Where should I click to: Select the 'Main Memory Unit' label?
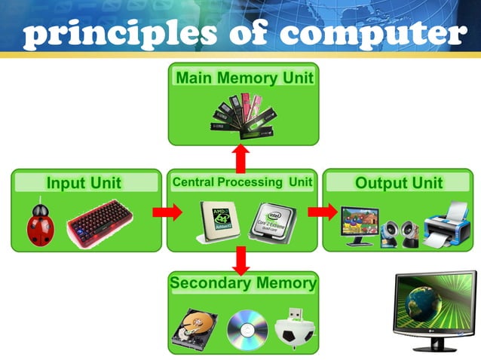click(244, 78)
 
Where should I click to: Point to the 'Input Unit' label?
click(84, 183)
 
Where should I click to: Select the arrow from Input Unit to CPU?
click(167, 212)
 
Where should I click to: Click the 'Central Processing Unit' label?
click(242, 182)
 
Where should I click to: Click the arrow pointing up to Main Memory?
click(241, 157)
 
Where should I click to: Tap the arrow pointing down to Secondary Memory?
click(241, 261)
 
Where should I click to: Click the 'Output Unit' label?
click(399, 183)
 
